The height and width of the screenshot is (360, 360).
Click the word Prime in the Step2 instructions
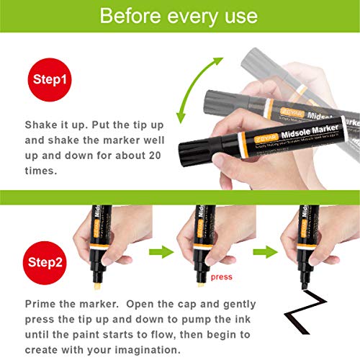click(x=42, y=303)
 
